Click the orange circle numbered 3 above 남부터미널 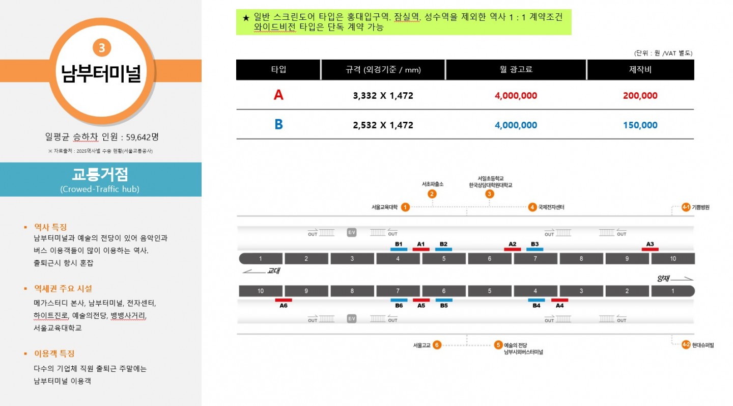[102, 48]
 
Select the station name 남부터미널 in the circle [101, 73]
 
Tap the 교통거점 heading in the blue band [100, 174]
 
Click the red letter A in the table [278, 95]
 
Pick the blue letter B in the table [278, 124]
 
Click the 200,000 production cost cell [640, 96]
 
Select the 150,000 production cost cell [640, 125]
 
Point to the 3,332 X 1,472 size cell [383, 96]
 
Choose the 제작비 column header [640, 69]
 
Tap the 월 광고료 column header [516, 69]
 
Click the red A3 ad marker [650, 249]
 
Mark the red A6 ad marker [284, 300]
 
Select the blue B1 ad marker [399, 249]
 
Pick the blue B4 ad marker [537, 300]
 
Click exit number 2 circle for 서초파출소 [432, 194]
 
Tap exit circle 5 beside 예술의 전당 [498, 345]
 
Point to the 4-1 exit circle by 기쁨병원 [686, 207]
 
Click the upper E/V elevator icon [351, 232]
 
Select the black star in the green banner [246, 18]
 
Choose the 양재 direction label [663, 278]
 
